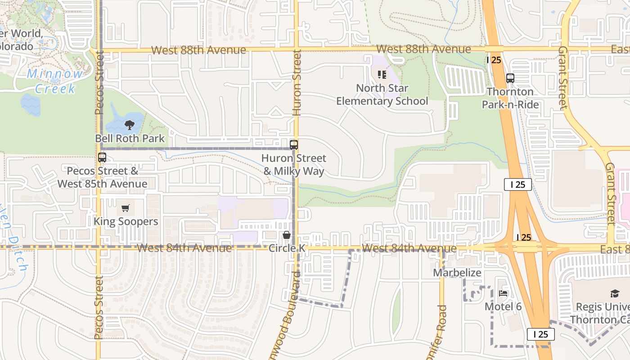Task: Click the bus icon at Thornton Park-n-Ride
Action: (510, 78)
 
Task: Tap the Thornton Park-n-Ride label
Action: (510, 98)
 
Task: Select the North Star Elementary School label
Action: (382, 94)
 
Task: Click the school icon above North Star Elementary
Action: (382, 75)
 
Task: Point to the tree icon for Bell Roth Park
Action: (130, 125)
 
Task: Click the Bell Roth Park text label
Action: (130, 138)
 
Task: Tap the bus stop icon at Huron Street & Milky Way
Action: (294, 145)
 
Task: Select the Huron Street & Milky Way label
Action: (294, 165)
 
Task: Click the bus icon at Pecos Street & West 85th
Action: (102, 157)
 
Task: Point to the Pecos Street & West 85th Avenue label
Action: (102, 177)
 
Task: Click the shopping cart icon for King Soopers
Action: (126, 208)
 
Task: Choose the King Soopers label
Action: (126, 221)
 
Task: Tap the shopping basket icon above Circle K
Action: (286, 235)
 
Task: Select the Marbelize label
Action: (457, 273)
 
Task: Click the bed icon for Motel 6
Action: (503, 293)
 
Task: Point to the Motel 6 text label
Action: (503, 306)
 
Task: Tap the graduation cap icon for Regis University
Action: (615, 293)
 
